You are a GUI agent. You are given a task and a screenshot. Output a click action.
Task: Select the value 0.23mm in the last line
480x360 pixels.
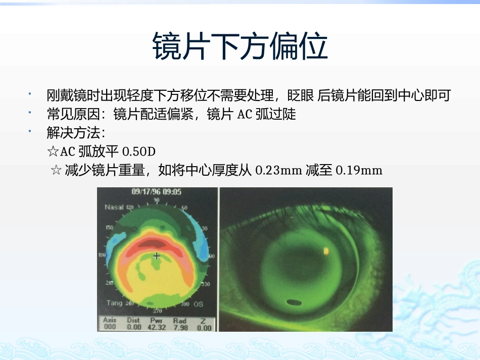coord(279,170)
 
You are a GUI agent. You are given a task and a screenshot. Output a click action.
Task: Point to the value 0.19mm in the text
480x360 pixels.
coord(359,170)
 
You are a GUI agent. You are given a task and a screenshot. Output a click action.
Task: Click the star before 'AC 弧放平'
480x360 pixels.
coord(53,151)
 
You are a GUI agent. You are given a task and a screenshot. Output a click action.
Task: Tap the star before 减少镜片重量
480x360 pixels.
coord(57,170)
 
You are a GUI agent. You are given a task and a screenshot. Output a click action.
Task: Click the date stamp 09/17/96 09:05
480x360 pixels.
coord(157,192)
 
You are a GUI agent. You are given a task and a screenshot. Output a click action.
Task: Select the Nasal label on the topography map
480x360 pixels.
coord(114,207)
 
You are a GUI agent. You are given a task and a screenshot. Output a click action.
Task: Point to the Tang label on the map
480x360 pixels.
coord(114,303)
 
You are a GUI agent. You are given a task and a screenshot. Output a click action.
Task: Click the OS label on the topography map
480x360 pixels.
coord(199,304)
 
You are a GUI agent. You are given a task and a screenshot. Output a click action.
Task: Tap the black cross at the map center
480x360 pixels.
coord(157,256)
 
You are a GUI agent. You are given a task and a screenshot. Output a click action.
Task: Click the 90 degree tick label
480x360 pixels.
coord(157,200)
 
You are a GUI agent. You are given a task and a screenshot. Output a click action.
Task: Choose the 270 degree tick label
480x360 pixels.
coord(158,310)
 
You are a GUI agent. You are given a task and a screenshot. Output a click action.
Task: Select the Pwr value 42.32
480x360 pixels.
coord(157,327)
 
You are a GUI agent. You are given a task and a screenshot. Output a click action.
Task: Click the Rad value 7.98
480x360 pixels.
coord(180,327)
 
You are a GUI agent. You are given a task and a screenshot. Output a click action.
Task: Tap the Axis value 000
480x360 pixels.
coord(110,327)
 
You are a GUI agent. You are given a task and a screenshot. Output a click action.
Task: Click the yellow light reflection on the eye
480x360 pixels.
coord(326,250)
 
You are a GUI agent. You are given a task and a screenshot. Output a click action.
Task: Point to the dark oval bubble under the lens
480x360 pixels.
coord(293,303)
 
